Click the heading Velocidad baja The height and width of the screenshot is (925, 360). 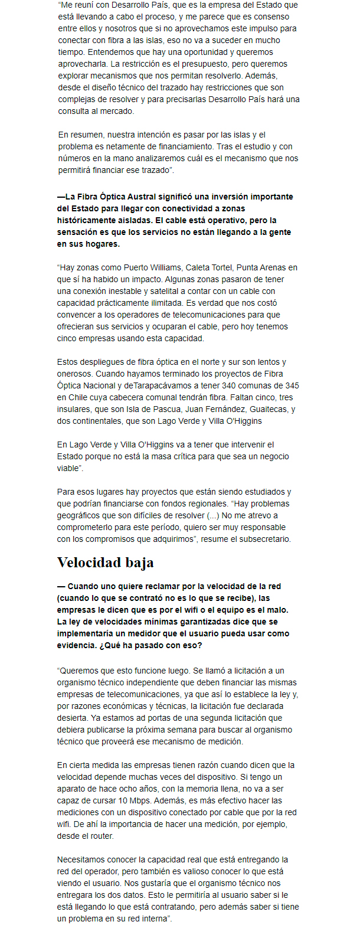coord(105,563)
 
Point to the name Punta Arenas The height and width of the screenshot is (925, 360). coord(255,267)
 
